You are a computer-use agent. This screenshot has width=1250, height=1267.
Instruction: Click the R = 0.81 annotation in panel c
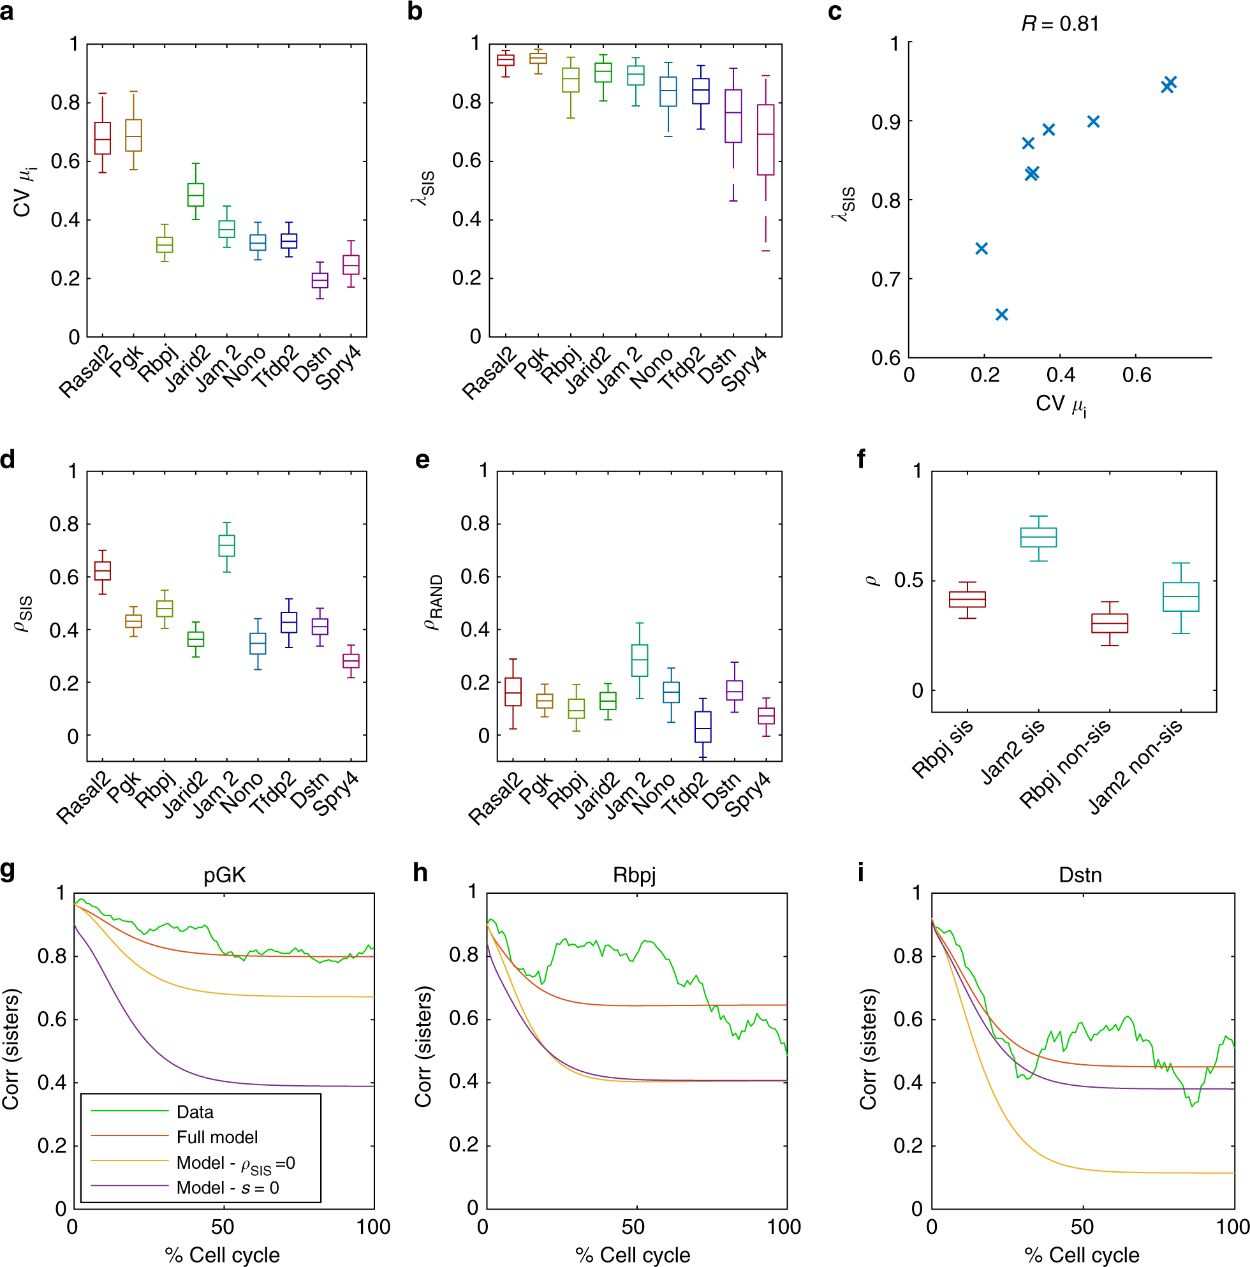1059,24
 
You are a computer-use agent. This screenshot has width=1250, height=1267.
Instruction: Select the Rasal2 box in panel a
102,138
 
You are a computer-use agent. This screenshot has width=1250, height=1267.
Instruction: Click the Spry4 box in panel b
765,140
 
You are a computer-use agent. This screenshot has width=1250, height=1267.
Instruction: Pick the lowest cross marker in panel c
1001,315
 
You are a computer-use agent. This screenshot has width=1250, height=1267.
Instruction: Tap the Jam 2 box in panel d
226,545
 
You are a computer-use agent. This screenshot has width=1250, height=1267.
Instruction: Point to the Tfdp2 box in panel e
703,727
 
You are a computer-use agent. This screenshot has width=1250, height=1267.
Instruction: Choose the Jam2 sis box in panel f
1038,537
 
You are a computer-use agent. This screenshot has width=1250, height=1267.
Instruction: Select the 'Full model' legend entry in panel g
217,1136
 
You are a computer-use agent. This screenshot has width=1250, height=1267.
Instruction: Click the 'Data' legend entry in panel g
195,1111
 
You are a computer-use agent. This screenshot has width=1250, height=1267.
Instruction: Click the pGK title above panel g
224,875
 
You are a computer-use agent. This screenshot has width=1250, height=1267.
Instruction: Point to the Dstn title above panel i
1080,875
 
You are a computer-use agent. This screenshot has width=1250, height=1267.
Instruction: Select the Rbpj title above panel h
634,875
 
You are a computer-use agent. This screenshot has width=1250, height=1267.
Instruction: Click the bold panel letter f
862,459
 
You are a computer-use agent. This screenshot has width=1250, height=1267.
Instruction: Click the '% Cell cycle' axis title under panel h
633,1254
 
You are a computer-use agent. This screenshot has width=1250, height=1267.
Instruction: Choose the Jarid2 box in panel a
195,195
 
